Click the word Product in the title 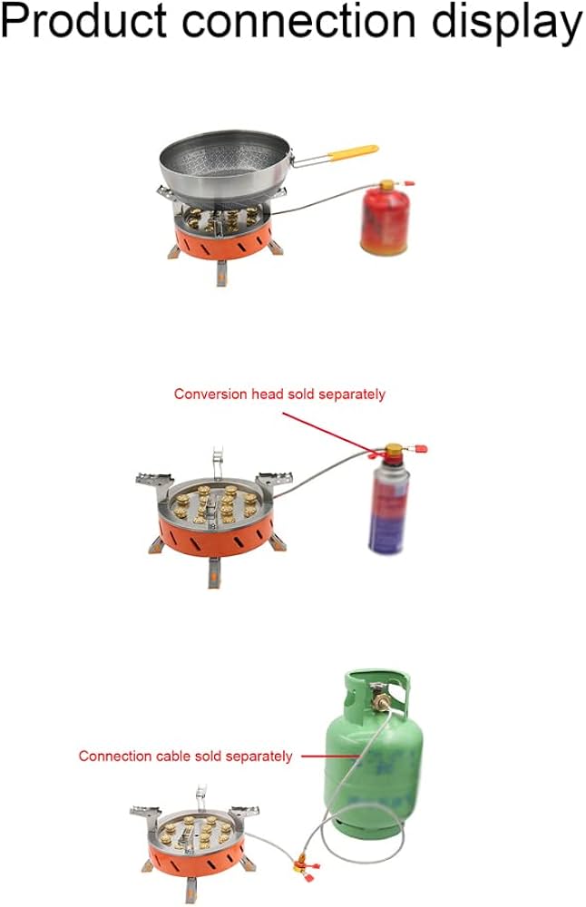pyautogui.click(x=83, y=22)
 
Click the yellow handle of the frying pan pyautogui.click(x=354, y=152)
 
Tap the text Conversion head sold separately pyautogui.click(x=279, y=395)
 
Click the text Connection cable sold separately pyautogui.click(x=185, y=756)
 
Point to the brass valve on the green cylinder pyautogui.click(x=379, y=700)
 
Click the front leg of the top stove pyautogui.click(x=221, y=273)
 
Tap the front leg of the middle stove pyautogui.click(x=215, y=572)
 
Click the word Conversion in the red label pyautogui.click(x=210, y=395)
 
